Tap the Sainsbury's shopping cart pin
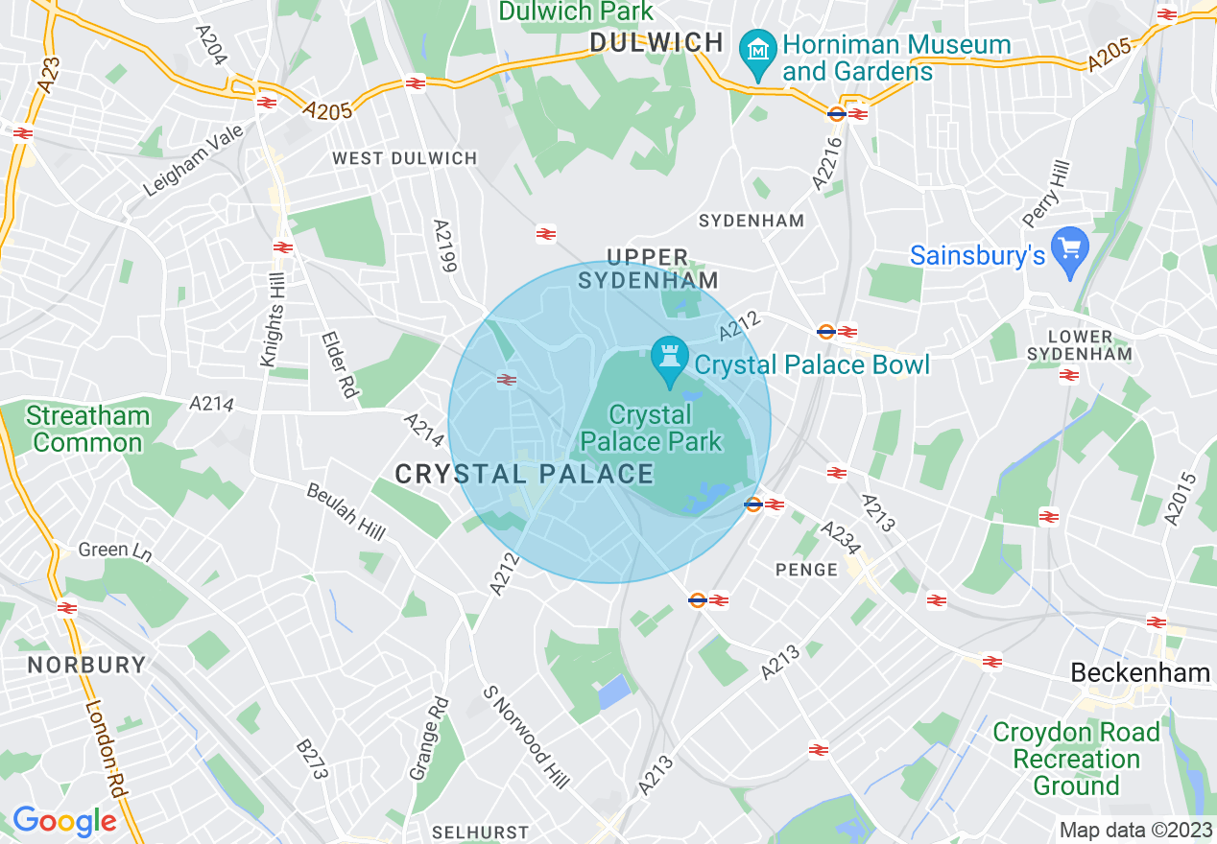click(x=1069, y=251)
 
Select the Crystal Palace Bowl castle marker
click(x=670, y=358)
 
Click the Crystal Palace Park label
click(x=652, y=428)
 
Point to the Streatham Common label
click(x=88, y=429)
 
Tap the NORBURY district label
click(x=86, y=665)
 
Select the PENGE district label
click(x=806, y=570)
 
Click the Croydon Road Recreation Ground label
click(x=1076, y=759)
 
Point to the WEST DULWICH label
click(x=404, y=158)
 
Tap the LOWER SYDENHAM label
click(x=1080, y=345)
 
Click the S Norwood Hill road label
click(x=526, y=736)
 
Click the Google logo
click(x=64, y=822)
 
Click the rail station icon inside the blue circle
click(x=506, y=380)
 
